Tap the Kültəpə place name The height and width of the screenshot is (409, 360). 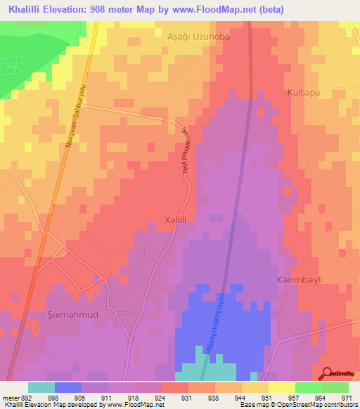(x=304, y=93)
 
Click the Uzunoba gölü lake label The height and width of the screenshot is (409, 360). (x=12, y=67)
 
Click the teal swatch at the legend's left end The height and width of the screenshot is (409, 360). (x=41, y=387)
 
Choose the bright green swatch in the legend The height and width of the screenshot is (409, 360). (x=309, y=387)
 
